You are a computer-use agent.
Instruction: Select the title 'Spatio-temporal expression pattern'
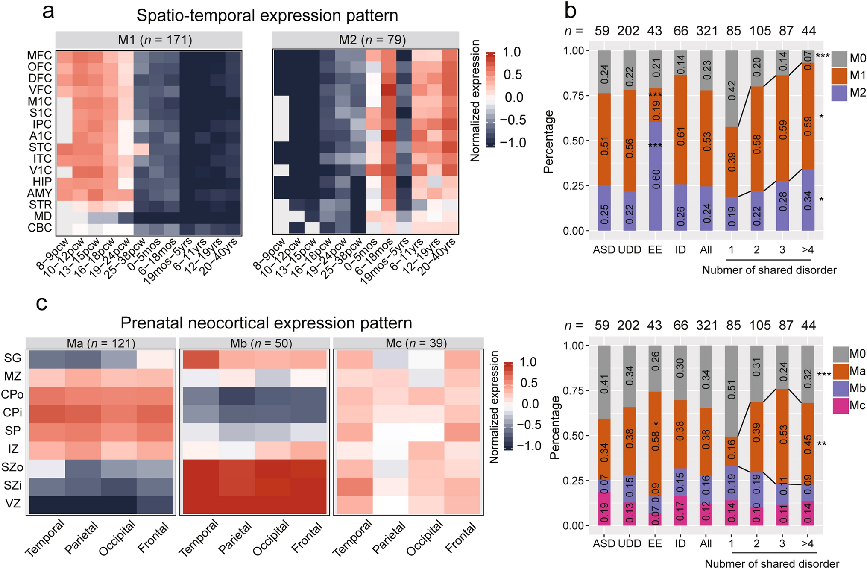[267, 16]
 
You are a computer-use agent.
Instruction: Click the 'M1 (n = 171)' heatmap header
[149, 40]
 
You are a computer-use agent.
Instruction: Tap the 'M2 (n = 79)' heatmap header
[366, 40]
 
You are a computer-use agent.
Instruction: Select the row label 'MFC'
[39, 56]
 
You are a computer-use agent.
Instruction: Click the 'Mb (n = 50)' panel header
[255, 343]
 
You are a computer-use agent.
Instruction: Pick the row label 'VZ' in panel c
[13, 503]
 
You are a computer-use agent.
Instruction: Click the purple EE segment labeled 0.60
[655, 176]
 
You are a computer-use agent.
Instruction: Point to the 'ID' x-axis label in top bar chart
[680, 249]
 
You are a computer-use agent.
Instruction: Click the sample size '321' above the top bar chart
[707, 31]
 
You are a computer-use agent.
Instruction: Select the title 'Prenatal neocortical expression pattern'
[266, 323]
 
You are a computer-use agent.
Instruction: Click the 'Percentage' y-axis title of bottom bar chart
[555, 427]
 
